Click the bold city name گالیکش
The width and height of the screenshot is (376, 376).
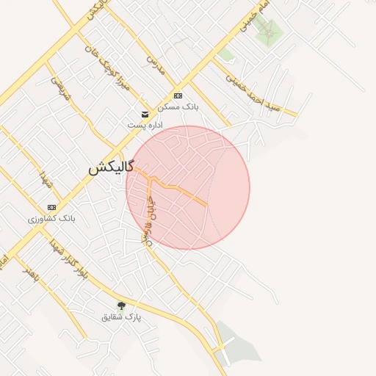[111, 167]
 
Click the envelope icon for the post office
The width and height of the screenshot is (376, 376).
[145, 114]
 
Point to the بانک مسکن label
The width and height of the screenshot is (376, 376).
[178, 107]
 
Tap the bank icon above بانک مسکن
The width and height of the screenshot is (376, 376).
[178, 95]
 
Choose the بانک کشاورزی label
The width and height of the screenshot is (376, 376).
[51, 219]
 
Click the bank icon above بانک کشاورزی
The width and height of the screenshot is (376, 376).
[51, 207]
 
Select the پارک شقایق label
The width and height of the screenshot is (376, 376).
[121, 317]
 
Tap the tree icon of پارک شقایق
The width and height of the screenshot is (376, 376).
[121, 305]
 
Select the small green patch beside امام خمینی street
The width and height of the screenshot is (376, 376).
[226, 54]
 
